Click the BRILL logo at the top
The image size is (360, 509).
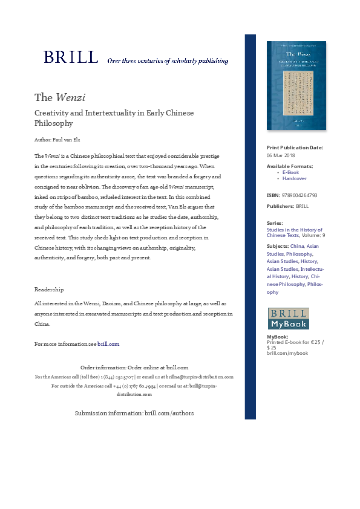[x=71, y=57]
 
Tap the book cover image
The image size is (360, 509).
[x=296, y=86]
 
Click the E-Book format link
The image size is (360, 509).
[x=290, y=172]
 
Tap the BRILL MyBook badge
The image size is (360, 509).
[x=289, y=319]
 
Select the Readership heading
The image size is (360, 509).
[x=49, y=290]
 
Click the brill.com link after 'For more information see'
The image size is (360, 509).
[x=108, y=344]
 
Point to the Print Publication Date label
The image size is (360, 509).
[x=295, y=148]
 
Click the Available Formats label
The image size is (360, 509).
[x=290, y=166]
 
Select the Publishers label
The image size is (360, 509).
[x=280, y=206]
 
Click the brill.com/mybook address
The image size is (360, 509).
[x=287, y=353]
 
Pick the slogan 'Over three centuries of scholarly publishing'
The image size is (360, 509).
[x=168, y=61]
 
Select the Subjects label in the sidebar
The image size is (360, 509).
[x=277, y=246]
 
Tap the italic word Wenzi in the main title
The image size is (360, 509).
[x=71, y=97]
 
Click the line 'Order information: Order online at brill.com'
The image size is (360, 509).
[x=134, y=367]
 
